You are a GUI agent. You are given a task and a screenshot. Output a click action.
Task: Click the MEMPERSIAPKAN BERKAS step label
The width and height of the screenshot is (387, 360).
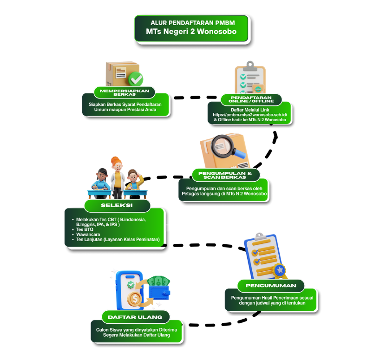pyautogui.click(x=124, y=92)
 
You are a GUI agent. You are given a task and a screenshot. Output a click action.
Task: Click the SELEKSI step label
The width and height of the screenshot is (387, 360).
pyautogui.click(x=117, y=205)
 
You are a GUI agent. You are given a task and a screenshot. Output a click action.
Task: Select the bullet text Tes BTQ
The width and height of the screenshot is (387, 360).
pyautogui.click(x=85, y=229)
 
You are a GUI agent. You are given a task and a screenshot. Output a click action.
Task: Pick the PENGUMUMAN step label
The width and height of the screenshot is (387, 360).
pyautogui.click(x=270, y=285)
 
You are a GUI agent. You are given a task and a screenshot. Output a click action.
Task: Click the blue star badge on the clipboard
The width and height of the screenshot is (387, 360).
pyautogui.click(x=280, y=270)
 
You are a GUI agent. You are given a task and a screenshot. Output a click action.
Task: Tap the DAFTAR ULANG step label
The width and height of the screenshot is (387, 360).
pyautogui.click(x=135, y=317)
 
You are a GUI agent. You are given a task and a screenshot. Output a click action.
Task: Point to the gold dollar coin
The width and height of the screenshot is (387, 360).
pyautogui.click(x=135, y=299)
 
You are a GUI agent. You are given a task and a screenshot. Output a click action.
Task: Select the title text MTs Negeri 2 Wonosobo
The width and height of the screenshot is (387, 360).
pyautogui.click(x=191, y=32)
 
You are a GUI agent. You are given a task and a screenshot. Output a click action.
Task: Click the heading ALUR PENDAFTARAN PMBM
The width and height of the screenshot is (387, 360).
pyautogui.click(x=191, y=22)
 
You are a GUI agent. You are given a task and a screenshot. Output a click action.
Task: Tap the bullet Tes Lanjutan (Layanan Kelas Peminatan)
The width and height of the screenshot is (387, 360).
pyautogui.click(x=118, y=240)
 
